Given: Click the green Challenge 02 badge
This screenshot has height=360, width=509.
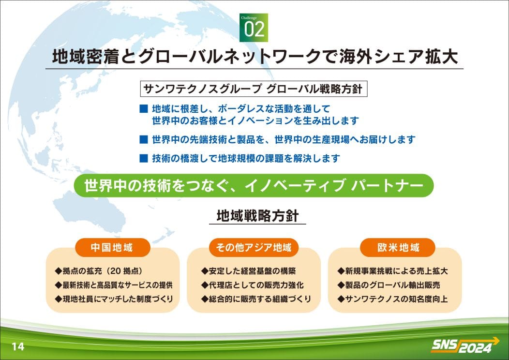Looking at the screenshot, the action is pyautogui.click(x=254, y=28).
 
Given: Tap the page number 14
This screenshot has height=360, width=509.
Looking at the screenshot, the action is pyautogui.click(x=18, y=346).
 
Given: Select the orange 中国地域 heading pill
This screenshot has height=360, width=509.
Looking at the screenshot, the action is pyautogui.click(x=112, y=248).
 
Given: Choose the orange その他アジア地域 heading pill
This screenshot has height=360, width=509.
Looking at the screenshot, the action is pyautogui.click(x=254, y=248).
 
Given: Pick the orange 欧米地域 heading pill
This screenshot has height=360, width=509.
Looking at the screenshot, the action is pyautogui.click(x=398, y=248).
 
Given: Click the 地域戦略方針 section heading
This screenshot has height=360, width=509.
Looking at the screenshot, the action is pyautogui.click(x=257, y=216).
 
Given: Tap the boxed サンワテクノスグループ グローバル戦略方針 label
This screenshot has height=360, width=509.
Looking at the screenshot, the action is pyautogui.click(x=254, y=89).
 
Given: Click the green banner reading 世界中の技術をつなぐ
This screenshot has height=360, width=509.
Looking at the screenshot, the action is pyautogui.click(x=254, y=185).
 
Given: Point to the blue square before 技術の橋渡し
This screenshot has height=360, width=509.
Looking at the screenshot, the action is pyautogui.click(x=144, y=158).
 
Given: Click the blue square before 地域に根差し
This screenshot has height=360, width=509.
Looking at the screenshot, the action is pyautogui.click(x=144, y=108).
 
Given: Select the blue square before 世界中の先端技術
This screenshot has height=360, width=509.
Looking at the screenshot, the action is pyautogui.click(x=144, y=139).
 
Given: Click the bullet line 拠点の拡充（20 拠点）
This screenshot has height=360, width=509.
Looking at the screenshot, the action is pyautogui.click(x=99, y=271).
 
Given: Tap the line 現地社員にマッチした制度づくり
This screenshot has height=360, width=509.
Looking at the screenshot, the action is pyautogui.click(x=114, y=299).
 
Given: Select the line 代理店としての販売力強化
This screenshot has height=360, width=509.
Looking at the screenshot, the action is pyautogui.click(x=252, y=285).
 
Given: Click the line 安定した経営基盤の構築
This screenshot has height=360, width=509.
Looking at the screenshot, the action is pyautogui.click(x=248, y=271).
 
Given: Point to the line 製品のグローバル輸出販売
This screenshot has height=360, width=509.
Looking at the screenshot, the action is pyautogui.click(x=389, y=285).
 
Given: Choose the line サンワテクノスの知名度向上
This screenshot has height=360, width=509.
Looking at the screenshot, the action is pyautogui.click(x=392, y=299).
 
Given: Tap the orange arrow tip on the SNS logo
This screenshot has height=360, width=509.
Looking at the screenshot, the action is pyautogui.click(x=499, y=341).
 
